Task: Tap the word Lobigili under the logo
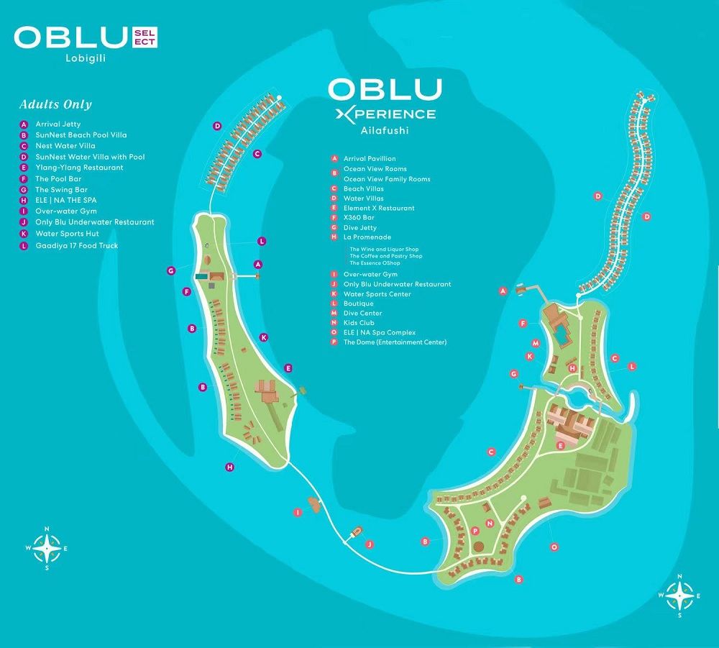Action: tap(86, 58)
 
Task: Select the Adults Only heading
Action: tap(55, 104)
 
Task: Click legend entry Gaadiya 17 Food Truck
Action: tap(77, 246)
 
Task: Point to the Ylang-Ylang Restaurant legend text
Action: tap(79, 168)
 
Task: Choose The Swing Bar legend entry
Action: tap(61, 189)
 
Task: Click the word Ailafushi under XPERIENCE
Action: tap(384, 130)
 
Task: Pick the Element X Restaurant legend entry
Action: tap(379, 208)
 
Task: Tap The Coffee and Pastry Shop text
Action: tap(385, 256)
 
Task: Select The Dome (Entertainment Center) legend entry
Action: tap(395, 342)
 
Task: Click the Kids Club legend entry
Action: tap(359, 323)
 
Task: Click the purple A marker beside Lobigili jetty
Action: tap(258, 264)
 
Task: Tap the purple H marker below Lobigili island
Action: tap(230, 467)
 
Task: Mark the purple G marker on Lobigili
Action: tap(171, 271)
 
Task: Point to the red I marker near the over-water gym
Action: tap(298, 512)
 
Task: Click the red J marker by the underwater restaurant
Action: tap(369, 544)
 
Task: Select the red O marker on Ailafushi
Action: tap(554, 547)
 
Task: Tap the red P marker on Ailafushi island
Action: tap(475, 531)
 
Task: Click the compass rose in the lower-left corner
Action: tap(47, 548)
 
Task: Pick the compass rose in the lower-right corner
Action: tap(679, 595)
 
